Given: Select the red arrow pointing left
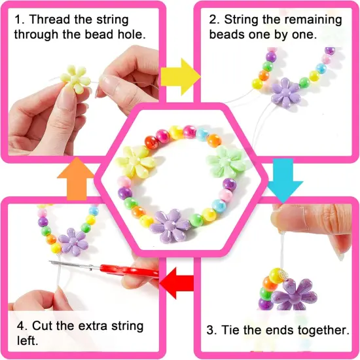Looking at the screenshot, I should tap(178, 283).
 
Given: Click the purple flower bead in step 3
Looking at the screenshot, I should tap(291, 293).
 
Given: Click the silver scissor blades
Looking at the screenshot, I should tap(69, 264).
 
